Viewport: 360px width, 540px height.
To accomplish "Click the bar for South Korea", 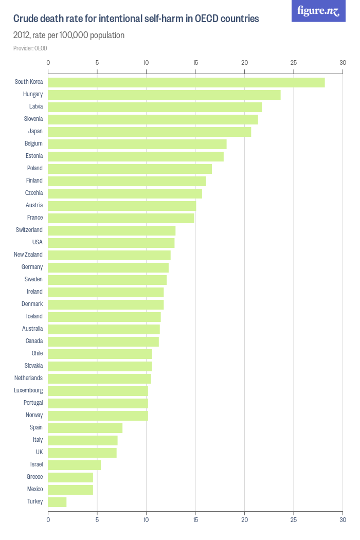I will tap(186, 82).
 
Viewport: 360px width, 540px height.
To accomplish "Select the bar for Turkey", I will tap(57, 502).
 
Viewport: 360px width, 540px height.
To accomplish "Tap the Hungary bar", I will tap(164, 95).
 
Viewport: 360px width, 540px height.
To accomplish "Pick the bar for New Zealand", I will tap(109, 255).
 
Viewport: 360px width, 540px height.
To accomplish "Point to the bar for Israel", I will tap(74, 465).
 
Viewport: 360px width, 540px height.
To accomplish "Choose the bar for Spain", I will tap(85, 428).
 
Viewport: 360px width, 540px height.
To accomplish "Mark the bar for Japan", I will tap(149, 132).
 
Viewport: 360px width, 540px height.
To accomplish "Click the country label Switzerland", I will tap(29, 230).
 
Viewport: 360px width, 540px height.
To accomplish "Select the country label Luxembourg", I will tap(28, 390).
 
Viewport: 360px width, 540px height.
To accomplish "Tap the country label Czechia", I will tap(34, 193).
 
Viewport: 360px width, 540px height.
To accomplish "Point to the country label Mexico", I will tap(35, 489).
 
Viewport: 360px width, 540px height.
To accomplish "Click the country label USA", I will tap(38, 242).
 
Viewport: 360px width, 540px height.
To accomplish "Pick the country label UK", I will tap(39, 452).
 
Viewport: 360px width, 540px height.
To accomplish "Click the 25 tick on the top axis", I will tap(294, 63).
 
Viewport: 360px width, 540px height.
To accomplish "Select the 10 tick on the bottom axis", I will tap(146, 519).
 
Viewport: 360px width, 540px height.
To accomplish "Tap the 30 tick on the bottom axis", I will tap(343, 519).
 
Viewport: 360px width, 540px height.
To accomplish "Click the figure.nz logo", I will tap(318, 11).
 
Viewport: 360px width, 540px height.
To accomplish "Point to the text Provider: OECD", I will tap(30, 48).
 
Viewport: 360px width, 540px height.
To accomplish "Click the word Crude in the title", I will tap(24, 19).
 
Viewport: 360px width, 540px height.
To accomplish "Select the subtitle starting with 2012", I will tap(69, 35).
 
